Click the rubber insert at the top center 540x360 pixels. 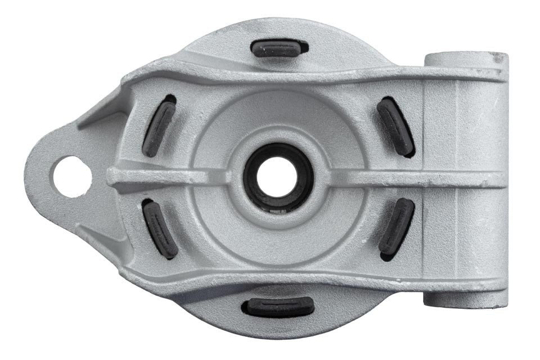pos(277,49)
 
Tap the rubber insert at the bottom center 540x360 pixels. pos(278,307)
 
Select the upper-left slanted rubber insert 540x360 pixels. pos(159,127)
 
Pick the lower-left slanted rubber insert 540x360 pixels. pos(160,229)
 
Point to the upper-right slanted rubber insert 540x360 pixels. pos(396,127)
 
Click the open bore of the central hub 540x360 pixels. pos(277,176)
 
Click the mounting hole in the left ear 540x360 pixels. pos(71,176)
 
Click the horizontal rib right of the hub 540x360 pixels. pos(382,178)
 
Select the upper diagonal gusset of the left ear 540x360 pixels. pos(96,115)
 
